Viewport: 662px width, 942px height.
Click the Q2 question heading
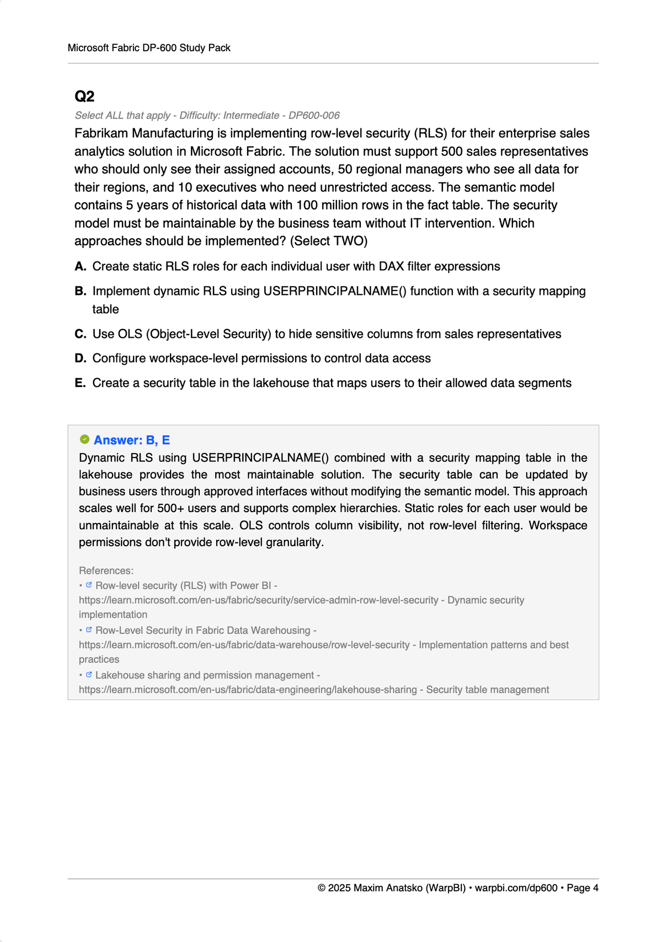(x=84, y=96)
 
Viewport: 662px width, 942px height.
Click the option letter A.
(x=81, y=267)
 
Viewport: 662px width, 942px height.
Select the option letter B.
(x=81, y=291)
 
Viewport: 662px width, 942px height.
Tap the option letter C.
(x=81, y=334)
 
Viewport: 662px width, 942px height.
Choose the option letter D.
(x=81, y=358)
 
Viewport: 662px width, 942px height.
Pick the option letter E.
(x=81, y=383)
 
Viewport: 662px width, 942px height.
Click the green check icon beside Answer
(x=84, y=439)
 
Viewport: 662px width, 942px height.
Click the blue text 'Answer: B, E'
(x=132, y=440)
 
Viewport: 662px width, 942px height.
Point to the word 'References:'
(x=106, y=570)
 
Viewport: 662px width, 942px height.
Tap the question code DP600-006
(x=314, y=115)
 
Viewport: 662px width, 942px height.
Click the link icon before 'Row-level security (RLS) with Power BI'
(x=89, y=585)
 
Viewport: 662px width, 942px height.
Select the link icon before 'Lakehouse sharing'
(x=89, y=674)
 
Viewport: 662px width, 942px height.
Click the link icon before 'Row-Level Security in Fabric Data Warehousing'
(x=89, y=629)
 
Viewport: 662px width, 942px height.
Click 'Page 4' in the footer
(x=583, y=888)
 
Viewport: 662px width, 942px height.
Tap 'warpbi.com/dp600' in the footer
(x=516, y=888)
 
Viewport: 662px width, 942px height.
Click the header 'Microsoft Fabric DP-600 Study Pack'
(x=149, y=48)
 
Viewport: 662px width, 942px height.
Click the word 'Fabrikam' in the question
(x=102, y=133)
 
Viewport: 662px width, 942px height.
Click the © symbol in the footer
(x=322, y=888)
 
